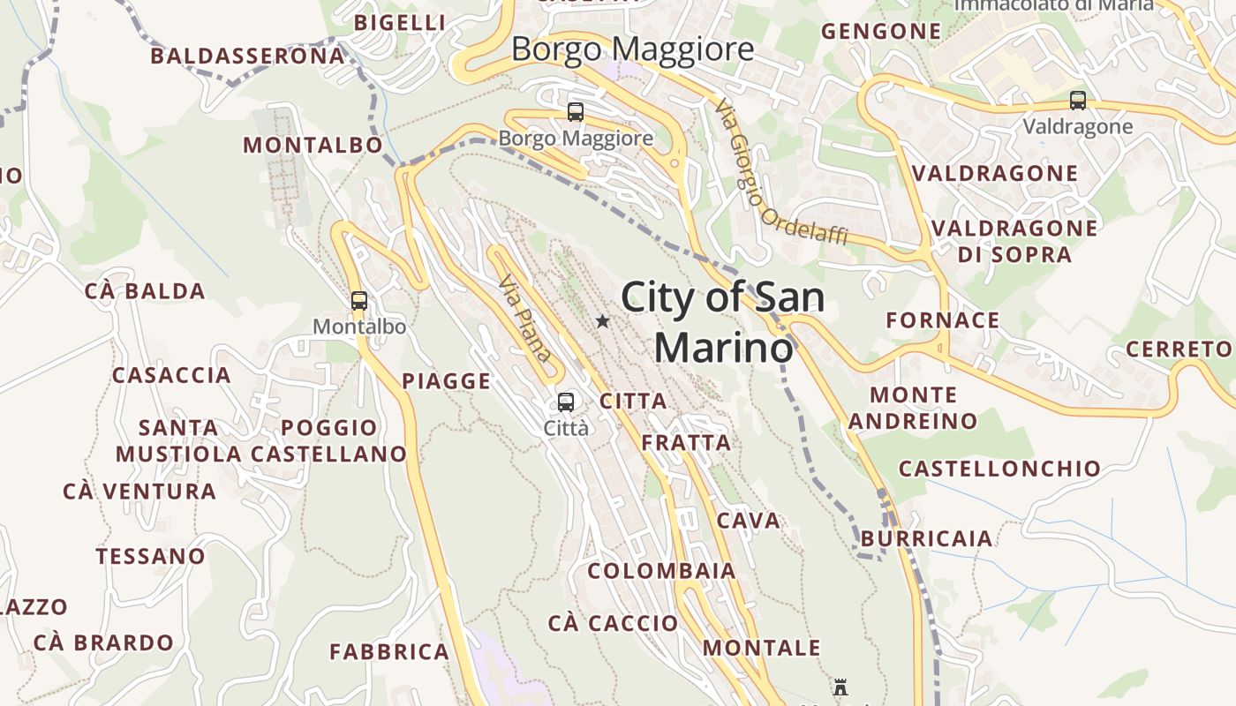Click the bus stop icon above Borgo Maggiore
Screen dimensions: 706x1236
tap(576, 112)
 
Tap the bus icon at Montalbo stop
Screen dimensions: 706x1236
tap(358, 300)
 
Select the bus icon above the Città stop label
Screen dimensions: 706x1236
tap(566, 402)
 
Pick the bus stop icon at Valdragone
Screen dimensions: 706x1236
tap(1077, 101)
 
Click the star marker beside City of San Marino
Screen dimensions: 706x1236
tap(602, 321)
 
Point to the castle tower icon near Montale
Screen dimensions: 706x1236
tap(840, 687)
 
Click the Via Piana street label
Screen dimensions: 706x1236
tap(526, 319)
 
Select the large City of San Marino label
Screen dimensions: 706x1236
tap(724, 322)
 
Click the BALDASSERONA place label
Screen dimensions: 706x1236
tap(247, 56)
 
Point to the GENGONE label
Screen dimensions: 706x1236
tap(881, 32)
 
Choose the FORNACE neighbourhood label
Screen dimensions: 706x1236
tap(943, 319)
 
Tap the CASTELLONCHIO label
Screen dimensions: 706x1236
tap(999, 468)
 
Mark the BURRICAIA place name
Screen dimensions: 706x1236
tap(926, 537)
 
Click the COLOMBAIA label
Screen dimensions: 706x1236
tap(661, 570)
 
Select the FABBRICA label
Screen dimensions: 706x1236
tap(389, 651)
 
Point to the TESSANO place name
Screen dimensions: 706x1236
tap(150, 556)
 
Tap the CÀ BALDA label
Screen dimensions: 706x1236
tap(145, 290)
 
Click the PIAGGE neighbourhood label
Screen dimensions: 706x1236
tap(446, 380)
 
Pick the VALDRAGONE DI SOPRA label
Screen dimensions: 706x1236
tap(1014, 241)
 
